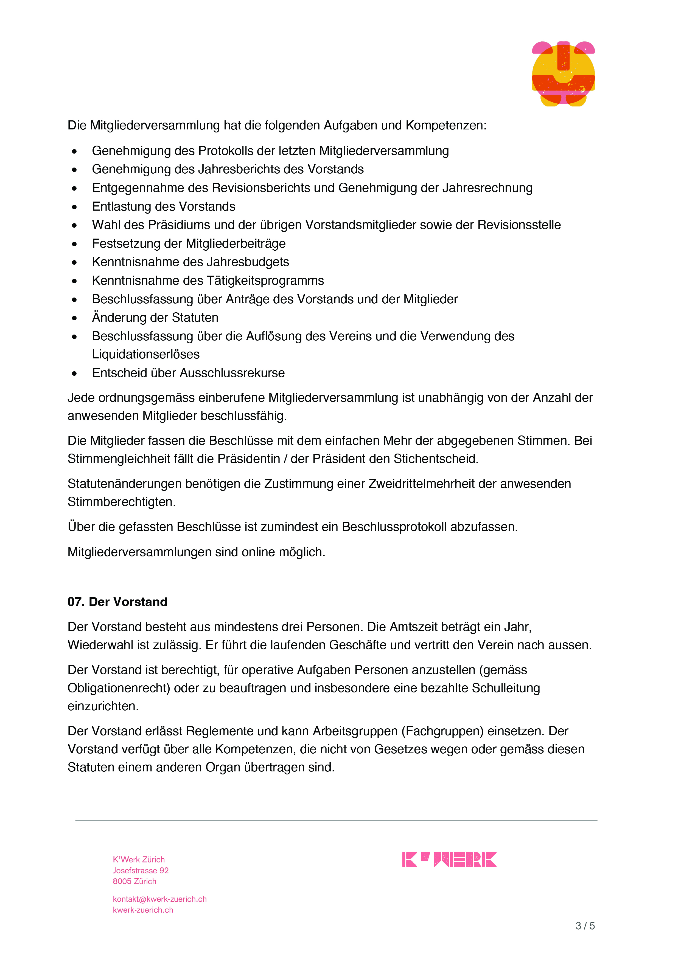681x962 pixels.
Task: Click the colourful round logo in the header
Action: coord(563,74)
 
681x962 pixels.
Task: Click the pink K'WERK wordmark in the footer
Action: coord(449,859)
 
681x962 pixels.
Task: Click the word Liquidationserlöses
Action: coord(145,355)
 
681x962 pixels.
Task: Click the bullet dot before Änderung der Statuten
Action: coord(74,318)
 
